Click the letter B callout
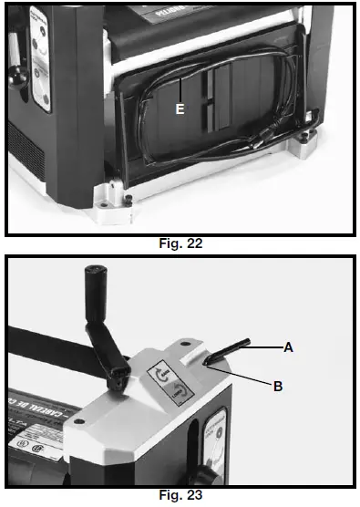click(278, 386)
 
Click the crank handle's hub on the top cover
click(119, 386)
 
